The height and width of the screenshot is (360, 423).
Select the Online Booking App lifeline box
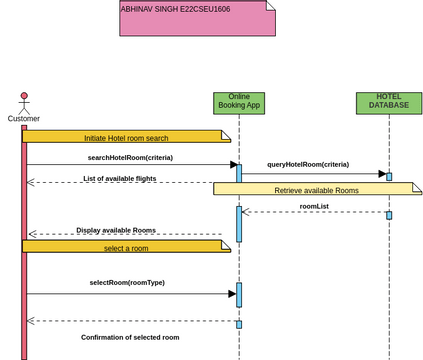(x=239, y=103)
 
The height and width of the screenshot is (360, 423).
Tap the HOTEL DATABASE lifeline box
(x=389, y=103)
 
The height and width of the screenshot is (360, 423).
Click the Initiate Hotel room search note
(x=126, y=137)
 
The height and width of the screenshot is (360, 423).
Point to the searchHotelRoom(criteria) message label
(x=130, y=157)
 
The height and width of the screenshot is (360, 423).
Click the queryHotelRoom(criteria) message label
(x=308, y=164)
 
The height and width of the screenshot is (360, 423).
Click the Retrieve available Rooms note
(x=316, y=189)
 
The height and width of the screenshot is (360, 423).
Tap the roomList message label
(x=314, y=206)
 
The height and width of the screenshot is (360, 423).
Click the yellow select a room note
(x=126, y=248)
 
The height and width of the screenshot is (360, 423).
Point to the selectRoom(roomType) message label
(x=127, y=282)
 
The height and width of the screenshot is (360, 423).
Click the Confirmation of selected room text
(x=130, y=337)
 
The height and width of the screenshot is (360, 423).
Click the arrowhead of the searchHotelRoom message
(x=233, y=165)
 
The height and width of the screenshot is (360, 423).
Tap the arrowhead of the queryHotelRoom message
(x=381, y=174)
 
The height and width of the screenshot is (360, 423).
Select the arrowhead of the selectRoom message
(x=232, y=294)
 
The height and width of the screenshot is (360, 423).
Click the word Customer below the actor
(x=24, y=119)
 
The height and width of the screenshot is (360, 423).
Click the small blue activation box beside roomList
(x=389, y=215)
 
